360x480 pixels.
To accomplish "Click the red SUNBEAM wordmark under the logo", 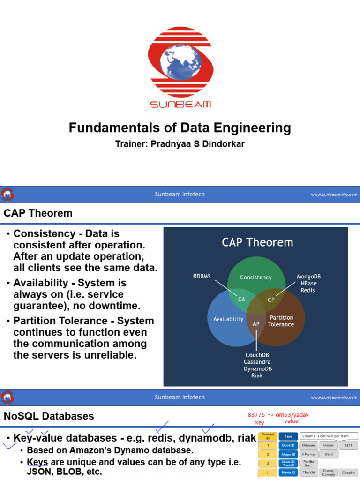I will click(x=180, y=104).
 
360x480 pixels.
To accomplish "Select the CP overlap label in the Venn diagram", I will click(x=271, y=300).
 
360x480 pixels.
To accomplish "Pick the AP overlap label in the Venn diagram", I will click(x=256, y=323).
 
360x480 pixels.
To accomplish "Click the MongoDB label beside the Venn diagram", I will click(x=309, y=277).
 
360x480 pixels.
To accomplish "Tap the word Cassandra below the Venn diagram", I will click(x=257, y=362).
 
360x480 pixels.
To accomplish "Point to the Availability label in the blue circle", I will click(x=228, y=319).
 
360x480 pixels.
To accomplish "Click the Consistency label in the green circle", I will click(x=255, y=277).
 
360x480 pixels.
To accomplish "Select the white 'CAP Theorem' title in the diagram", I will click(x=257, y=242).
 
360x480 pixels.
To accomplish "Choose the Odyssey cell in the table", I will click(x=309, y=445).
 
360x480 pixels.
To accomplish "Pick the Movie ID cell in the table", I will click(x=288, y=472).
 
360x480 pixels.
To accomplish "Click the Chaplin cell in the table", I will click(x=348, y=472).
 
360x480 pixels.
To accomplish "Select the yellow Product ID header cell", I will click(x=268, y=436).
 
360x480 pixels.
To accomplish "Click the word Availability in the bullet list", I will click(x=43, y=283).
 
